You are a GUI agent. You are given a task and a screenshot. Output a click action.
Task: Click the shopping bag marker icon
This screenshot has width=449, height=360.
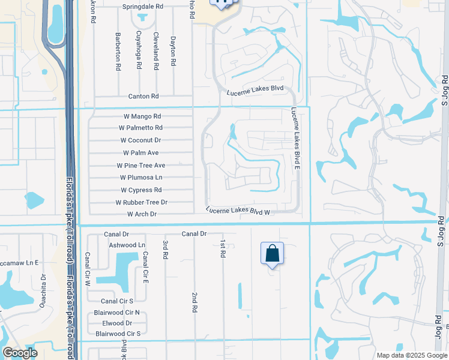tap(272, 253)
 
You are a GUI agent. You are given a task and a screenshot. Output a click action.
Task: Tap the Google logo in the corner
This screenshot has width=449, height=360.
tap(20, 352)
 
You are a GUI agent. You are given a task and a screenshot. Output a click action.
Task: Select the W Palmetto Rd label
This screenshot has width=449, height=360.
tap(140, 128)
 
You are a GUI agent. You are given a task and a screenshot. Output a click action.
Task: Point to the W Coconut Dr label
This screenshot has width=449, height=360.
tap(140, 140)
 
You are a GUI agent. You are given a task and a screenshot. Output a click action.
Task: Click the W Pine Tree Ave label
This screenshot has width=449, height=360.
tap(140, 166)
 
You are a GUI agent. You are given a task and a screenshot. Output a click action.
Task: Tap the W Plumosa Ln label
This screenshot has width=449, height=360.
tap(141, 178)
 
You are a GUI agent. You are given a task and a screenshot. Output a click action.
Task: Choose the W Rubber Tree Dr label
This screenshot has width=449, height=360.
tap(141, 203)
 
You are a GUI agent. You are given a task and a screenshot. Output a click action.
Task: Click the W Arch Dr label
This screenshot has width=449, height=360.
tap(142, 214)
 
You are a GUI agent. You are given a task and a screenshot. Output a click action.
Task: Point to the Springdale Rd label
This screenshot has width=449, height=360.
tap(143, 6)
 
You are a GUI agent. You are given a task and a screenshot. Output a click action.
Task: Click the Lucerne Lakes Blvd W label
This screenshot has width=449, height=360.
tap(238, 211)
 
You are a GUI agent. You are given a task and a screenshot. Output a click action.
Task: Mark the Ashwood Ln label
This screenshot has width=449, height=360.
tap(127, 245)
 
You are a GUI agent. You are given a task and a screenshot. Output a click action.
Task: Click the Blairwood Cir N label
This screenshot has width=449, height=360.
tap(116, 313)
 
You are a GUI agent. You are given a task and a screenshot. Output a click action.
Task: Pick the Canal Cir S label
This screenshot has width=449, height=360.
tap(116, 301)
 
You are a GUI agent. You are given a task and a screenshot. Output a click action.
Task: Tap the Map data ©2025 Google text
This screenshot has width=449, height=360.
tap(411, 355)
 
